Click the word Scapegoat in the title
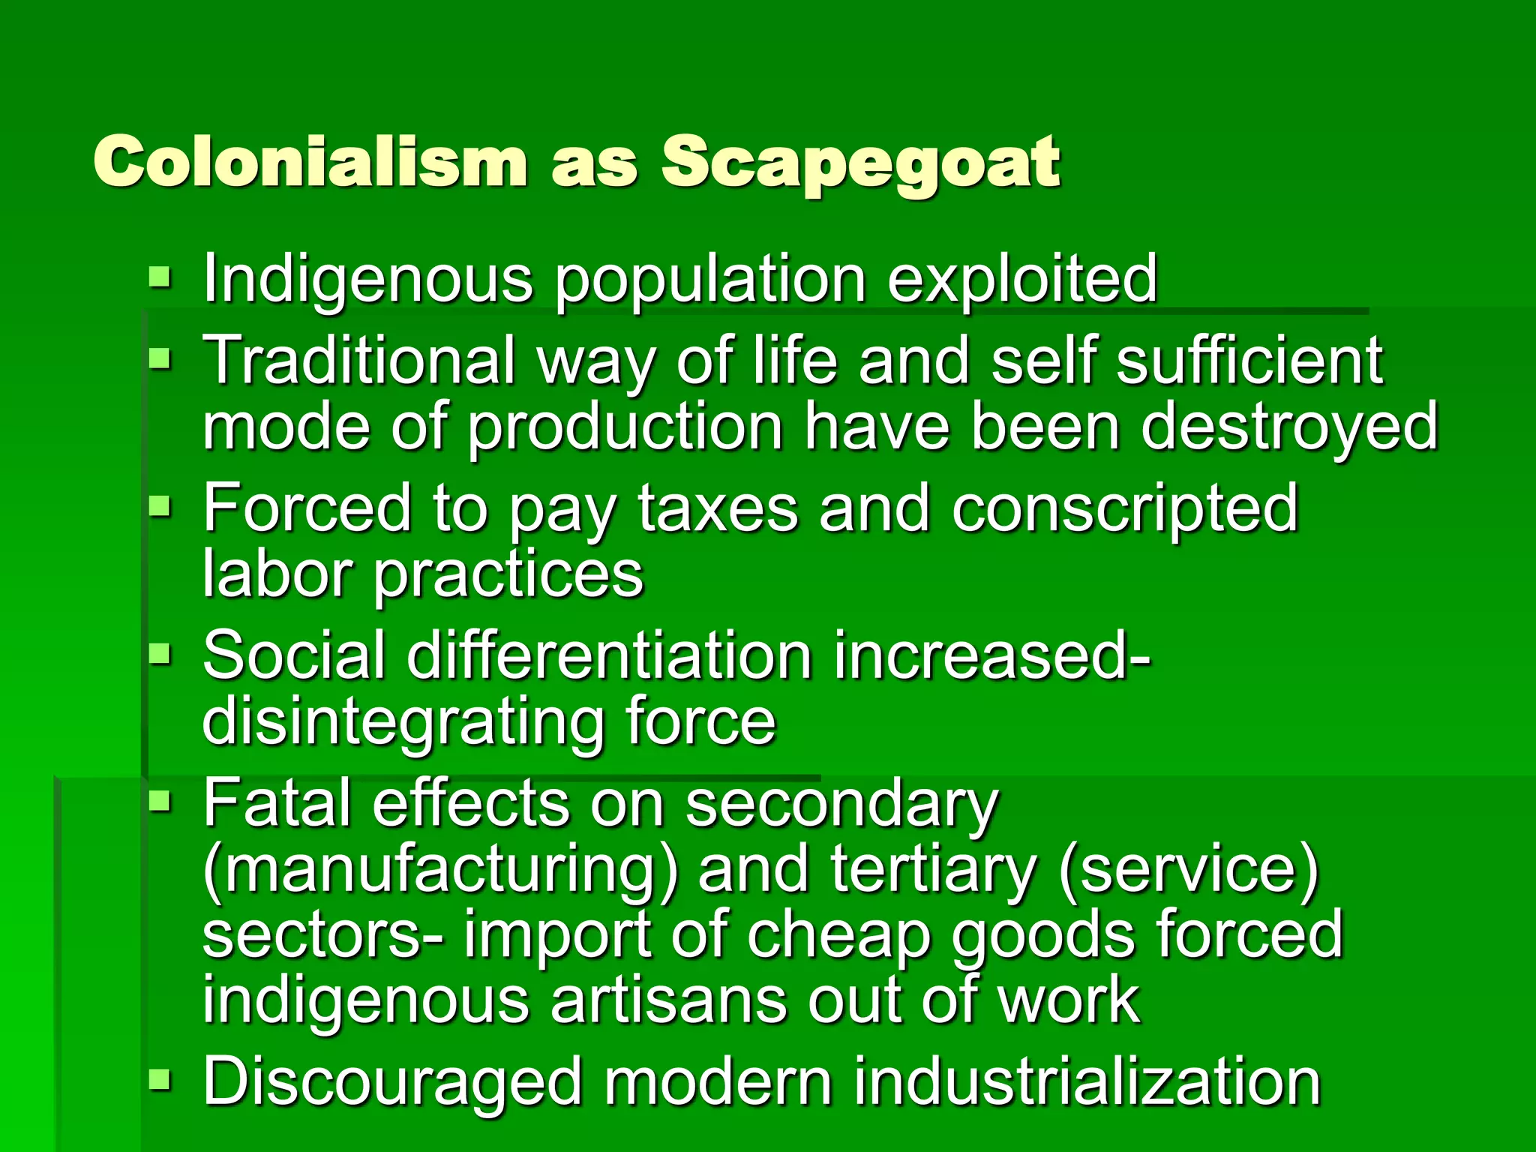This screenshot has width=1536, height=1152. click(860, 163)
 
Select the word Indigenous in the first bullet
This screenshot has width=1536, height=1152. click(367, 279)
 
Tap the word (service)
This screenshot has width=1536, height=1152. click(1188, 868)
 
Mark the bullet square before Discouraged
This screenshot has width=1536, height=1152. click(160, 1081)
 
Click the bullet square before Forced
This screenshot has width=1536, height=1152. click(160, 508)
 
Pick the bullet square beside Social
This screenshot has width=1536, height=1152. click(160, 655)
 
